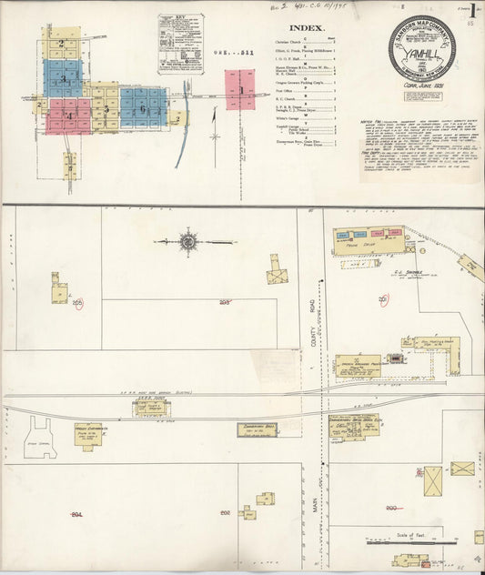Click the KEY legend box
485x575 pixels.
(180, 43)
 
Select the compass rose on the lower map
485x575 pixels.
(188, 242)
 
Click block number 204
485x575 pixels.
(76, 514)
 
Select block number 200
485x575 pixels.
(392, 508)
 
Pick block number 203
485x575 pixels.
(224, 302)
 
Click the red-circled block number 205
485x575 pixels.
(77, 302)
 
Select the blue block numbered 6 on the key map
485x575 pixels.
(143, 108)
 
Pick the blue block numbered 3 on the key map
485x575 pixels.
(63, 78)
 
